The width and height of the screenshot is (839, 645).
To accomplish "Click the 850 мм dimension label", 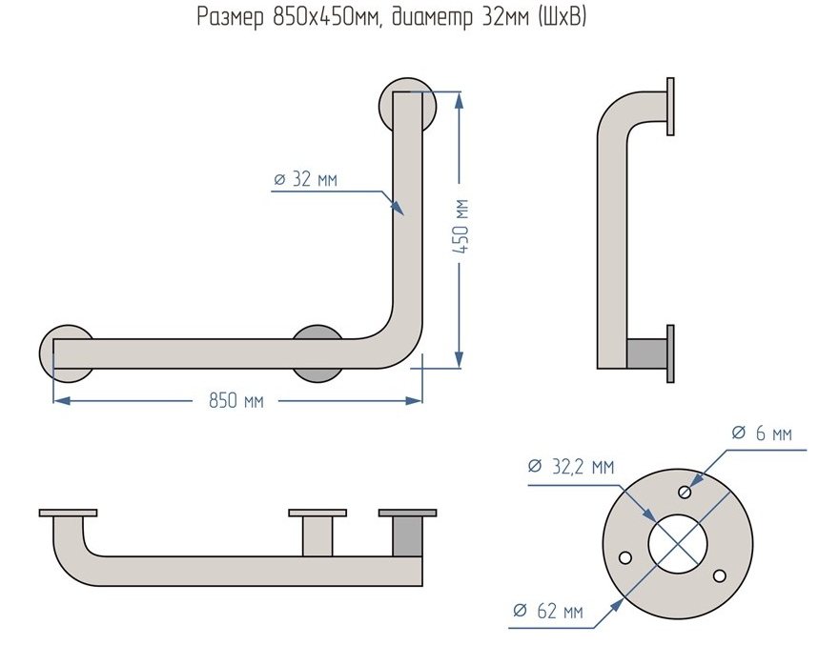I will coord(236,401).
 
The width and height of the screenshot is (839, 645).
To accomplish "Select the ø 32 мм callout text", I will coord(305,178).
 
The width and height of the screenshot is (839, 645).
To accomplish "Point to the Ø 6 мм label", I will coord(761,433).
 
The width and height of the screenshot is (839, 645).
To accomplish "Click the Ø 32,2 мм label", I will coord(570,467).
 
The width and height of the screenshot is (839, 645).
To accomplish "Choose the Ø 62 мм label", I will coord(547,612).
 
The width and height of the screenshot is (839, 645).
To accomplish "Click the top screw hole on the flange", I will coord(686,492).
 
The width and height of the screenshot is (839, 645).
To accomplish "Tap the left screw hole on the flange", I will coord(625,558).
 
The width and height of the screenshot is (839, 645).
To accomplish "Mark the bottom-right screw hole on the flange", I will coord(719,574).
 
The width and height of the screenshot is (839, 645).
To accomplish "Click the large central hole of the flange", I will coord(678,544).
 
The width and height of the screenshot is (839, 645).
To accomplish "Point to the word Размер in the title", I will coord(228,17).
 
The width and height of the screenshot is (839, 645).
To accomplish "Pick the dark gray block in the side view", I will coord(646,353).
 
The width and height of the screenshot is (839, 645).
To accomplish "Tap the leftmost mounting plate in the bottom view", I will coord(68,513).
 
